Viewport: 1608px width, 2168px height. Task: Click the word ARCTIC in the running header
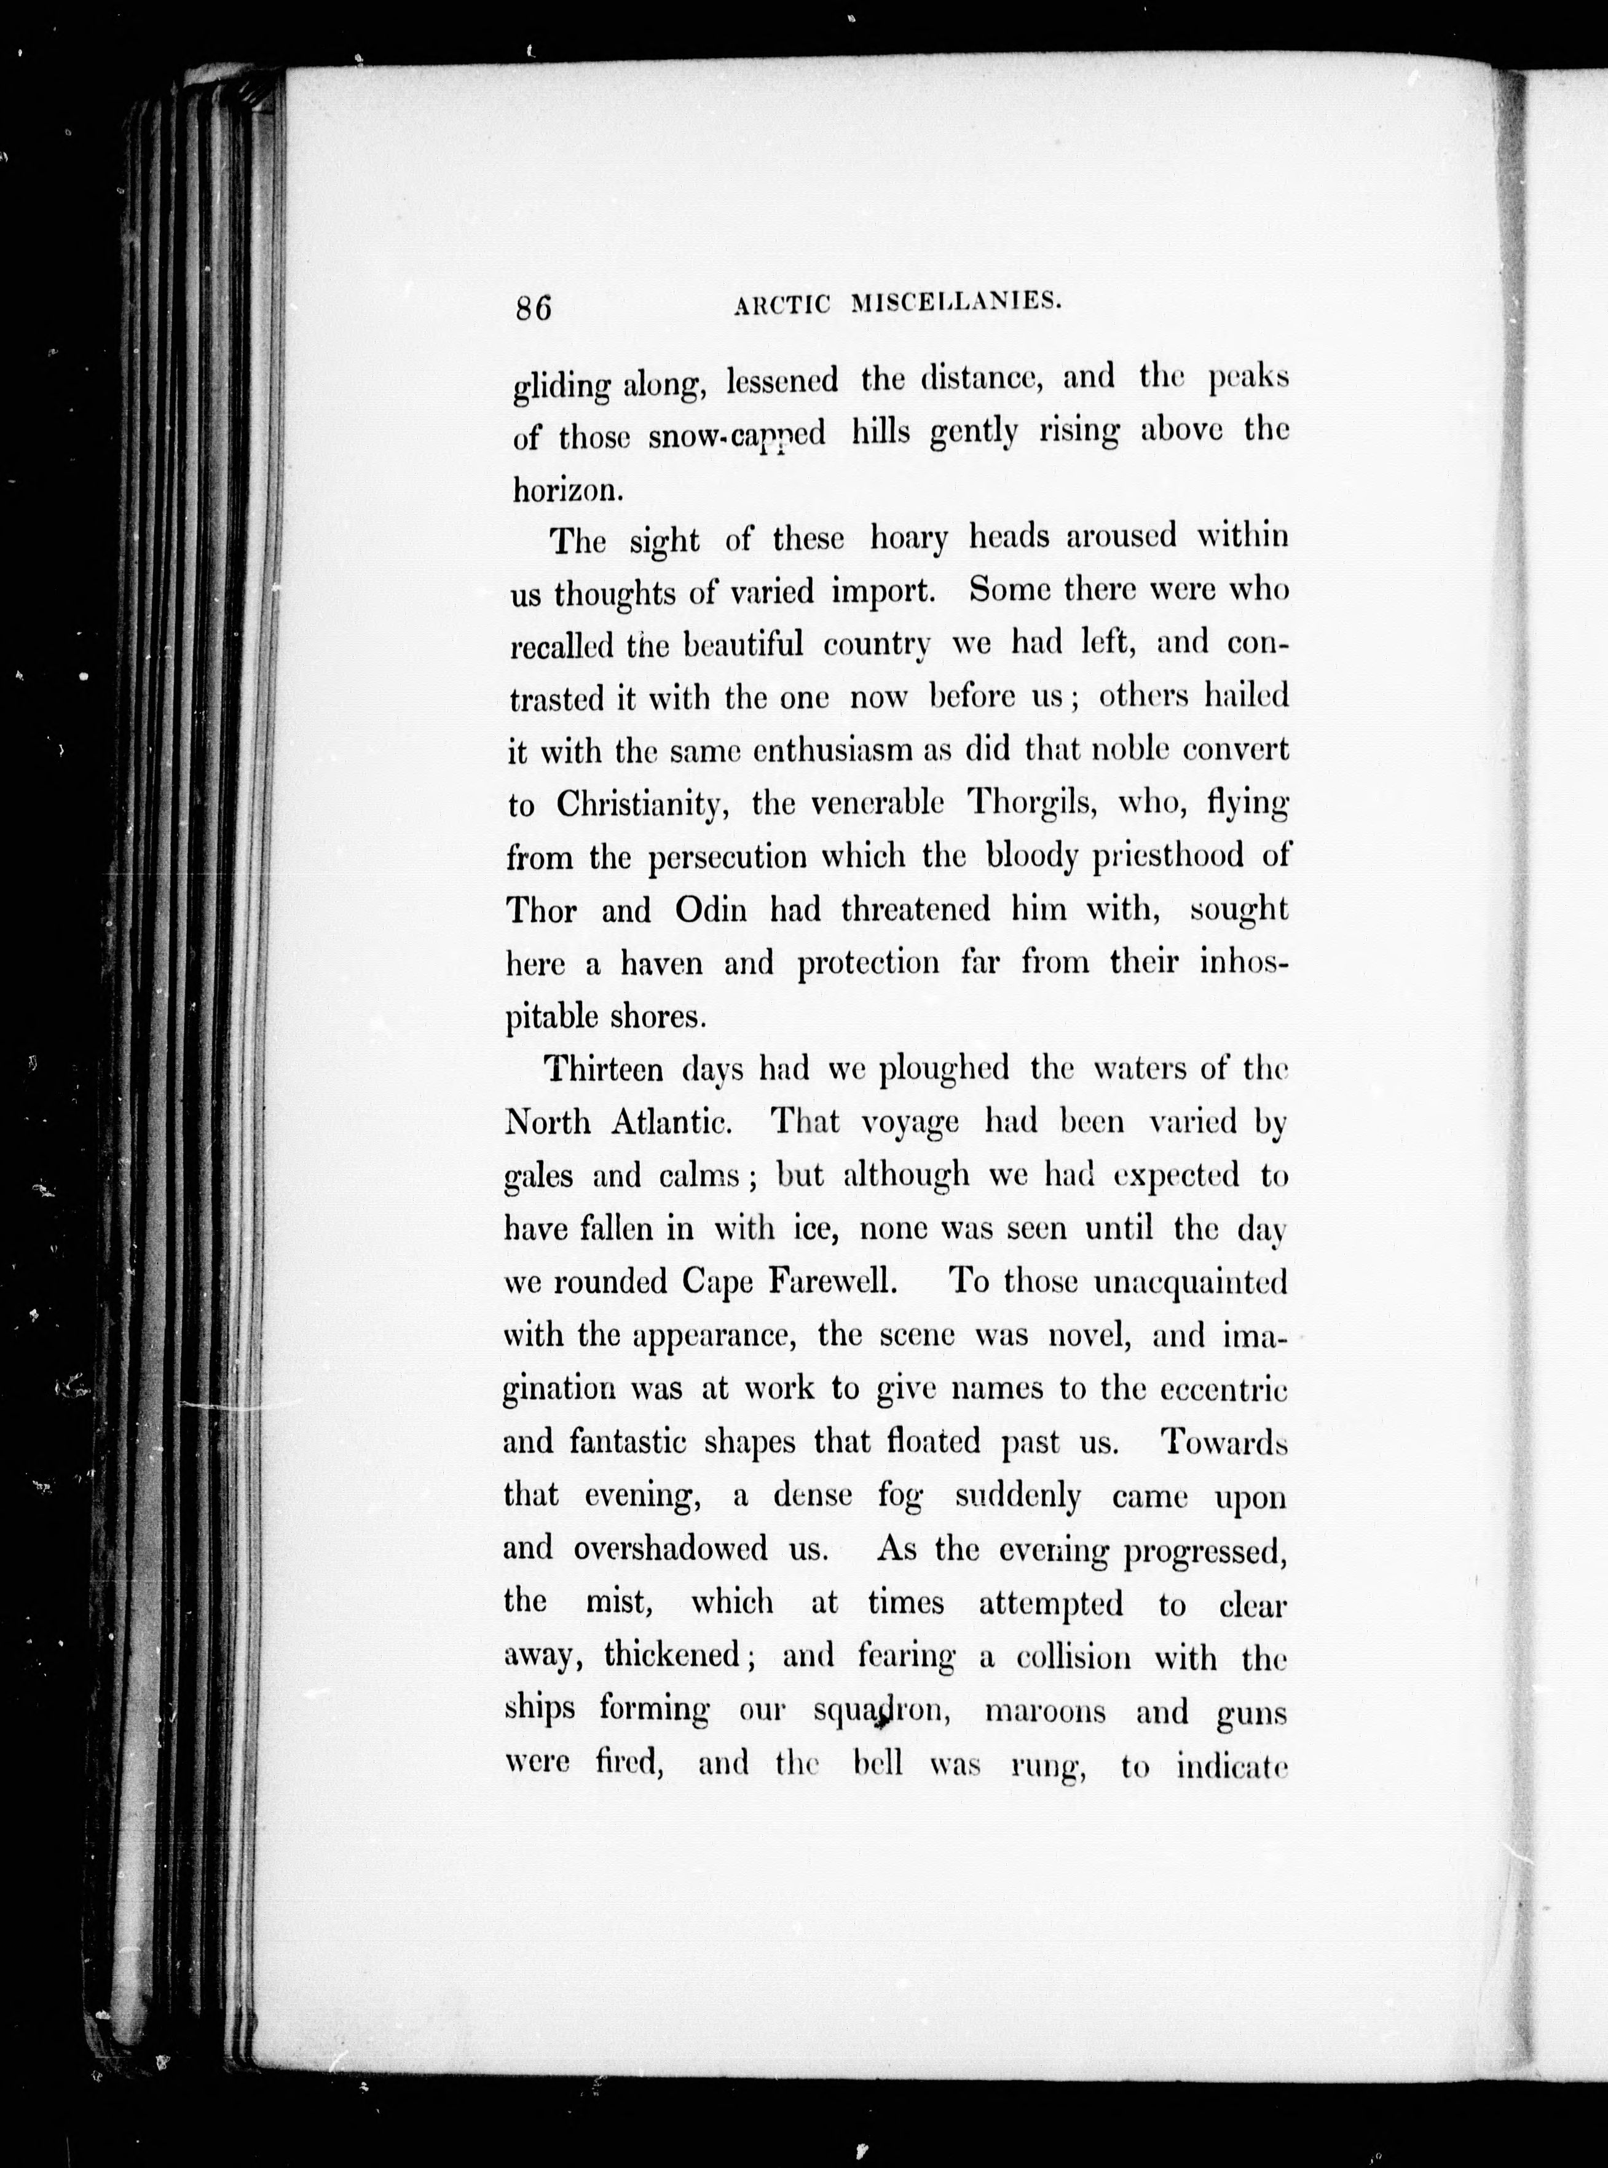point(782,305)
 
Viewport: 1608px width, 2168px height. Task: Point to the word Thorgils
point(1032,804)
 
